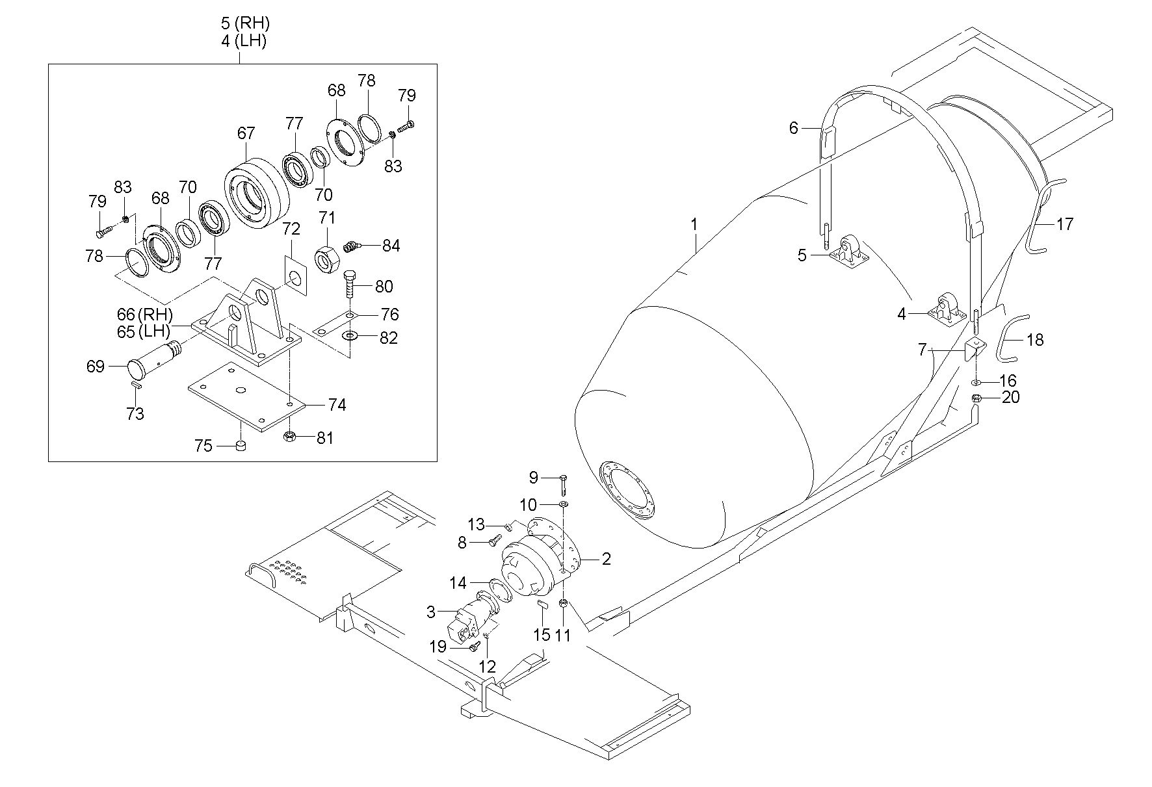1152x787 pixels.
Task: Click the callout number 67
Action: [x=246, y=133]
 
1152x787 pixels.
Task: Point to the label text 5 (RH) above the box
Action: [x=244, y=23]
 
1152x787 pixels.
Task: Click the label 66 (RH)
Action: [x=145, y=315]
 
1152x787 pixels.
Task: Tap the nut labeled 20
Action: [x=976, y=398]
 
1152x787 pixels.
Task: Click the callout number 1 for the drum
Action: [x=694, y=224]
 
